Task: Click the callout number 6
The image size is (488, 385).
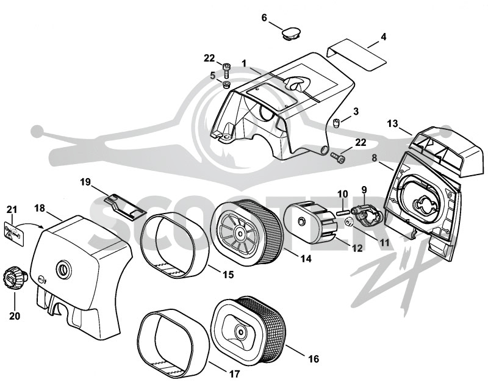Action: coord(264,18)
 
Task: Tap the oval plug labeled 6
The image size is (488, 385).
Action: coord(292,33)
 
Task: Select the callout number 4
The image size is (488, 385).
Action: coord(384,37)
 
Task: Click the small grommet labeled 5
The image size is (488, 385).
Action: coord(226,84)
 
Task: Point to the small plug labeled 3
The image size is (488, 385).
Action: coord(337,123)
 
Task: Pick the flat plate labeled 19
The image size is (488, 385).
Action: coord(125,206)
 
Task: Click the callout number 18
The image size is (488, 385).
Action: coord(40,208)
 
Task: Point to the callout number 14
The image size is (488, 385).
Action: coord(306,258)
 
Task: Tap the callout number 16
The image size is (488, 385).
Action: coord(314,359)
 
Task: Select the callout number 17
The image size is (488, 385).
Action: coord(234,374)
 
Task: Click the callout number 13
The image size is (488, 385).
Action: coord(392,124)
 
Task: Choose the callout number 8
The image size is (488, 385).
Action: coord(375,158)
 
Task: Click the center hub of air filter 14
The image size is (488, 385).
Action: coord(240,233)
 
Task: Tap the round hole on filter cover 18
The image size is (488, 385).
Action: coord(64,268)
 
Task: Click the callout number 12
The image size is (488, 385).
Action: coord(357,248)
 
